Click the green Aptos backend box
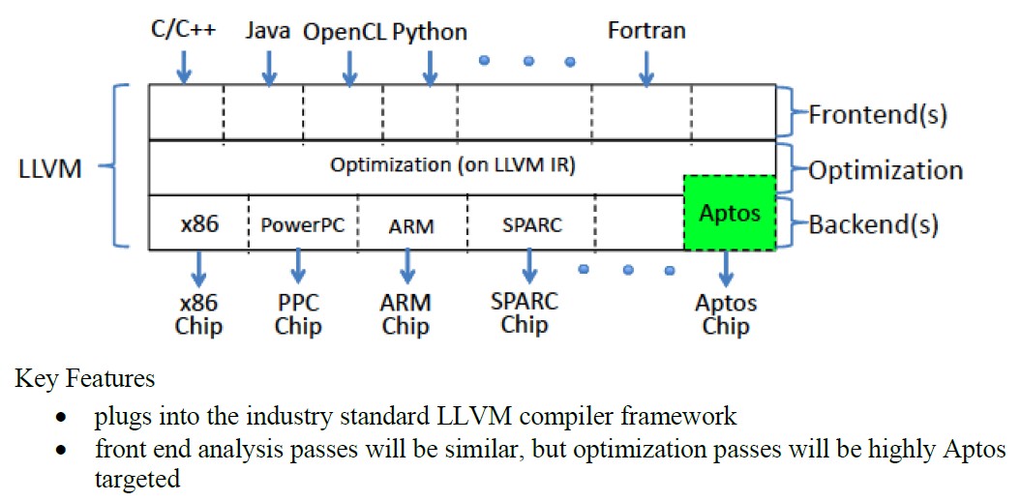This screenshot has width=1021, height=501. [x=730, y=212]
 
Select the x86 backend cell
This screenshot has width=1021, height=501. [x=198, y=222]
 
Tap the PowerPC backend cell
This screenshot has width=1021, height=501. [x=303, y=222]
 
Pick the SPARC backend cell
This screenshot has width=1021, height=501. [x=531, y=222]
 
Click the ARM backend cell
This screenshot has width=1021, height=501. [x=412, y=222]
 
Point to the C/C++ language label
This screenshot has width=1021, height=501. [x=183, y=29]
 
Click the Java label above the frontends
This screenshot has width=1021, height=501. [x=268, y=30]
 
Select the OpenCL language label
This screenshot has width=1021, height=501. [x=345, y=31]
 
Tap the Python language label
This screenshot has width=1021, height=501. [x=430, y=32]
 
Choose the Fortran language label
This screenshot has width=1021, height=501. [x=646, y=31]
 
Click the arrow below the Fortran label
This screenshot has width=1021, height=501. [x=646, y=68]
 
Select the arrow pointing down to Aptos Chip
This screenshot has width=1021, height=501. [x=726, y=269]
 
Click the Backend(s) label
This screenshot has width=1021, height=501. [x=873, y=225]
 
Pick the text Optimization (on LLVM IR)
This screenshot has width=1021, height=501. [x=453, y=165]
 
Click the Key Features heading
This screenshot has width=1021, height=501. [x=84, y=378]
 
